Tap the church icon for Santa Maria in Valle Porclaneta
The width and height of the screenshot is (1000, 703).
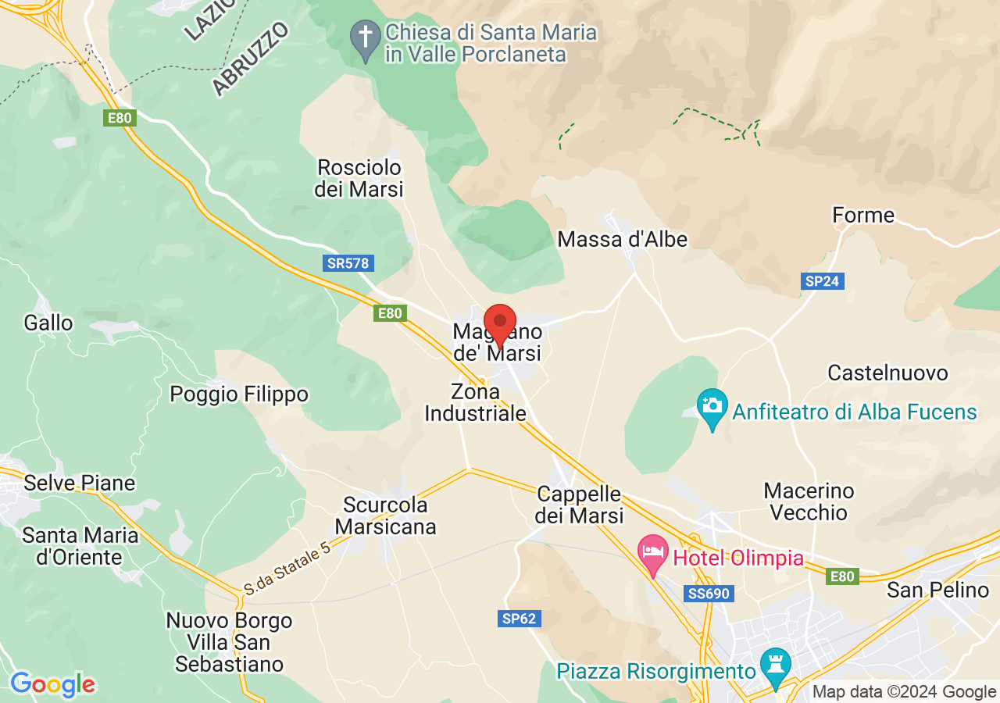click(364, 38)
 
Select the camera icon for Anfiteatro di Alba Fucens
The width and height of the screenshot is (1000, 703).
click(712, 407)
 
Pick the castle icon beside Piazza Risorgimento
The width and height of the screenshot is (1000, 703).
click(776, 666)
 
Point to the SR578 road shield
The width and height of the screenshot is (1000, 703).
click(348, 263)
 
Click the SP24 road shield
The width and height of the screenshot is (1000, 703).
click(822, 281)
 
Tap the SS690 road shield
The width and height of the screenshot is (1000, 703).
click(709, 594)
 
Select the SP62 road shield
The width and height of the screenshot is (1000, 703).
click(519, 619)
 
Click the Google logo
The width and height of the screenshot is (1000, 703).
click(52, 685)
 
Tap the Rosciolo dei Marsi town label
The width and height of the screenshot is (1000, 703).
click(359, 178)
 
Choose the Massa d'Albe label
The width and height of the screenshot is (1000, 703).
click(622, 239)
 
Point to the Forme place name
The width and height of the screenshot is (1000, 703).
click(863, 215)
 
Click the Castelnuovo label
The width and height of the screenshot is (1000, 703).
click(887, 373)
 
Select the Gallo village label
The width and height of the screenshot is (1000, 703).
click(48, 323)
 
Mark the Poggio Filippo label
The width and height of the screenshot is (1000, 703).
click(239, 394)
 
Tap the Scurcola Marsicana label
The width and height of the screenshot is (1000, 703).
click(385, 516)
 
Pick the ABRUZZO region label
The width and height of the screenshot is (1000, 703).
click(251, 59)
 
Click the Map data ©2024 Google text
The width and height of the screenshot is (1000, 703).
click(904, 691)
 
